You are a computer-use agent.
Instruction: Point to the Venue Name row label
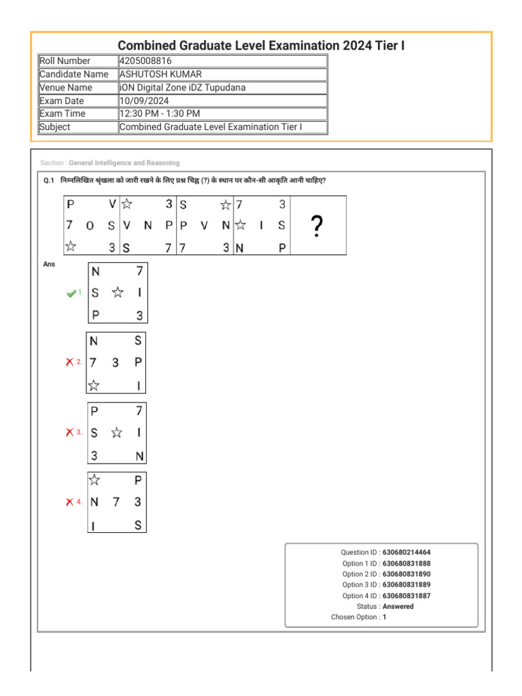[66, 88]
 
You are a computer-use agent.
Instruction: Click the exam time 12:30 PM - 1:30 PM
[160, 114]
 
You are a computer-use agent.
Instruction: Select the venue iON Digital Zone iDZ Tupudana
[182, 88]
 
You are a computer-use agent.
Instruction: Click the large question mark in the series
[316, 226]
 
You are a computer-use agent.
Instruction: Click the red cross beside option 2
[69, 362]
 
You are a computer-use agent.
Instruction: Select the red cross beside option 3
[69, 432]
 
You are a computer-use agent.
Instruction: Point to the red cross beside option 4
[69, 502]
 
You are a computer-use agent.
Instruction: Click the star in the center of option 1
[118, 292]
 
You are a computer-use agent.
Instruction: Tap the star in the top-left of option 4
[94, 481]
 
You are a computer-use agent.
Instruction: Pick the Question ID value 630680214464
[406, 553]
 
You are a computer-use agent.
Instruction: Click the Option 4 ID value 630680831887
[406, 596]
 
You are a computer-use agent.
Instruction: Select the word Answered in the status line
[398, 606]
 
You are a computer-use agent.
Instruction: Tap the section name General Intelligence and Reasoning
[124, 163]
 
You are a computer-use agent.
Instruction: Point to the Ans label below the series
[49, 264]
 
